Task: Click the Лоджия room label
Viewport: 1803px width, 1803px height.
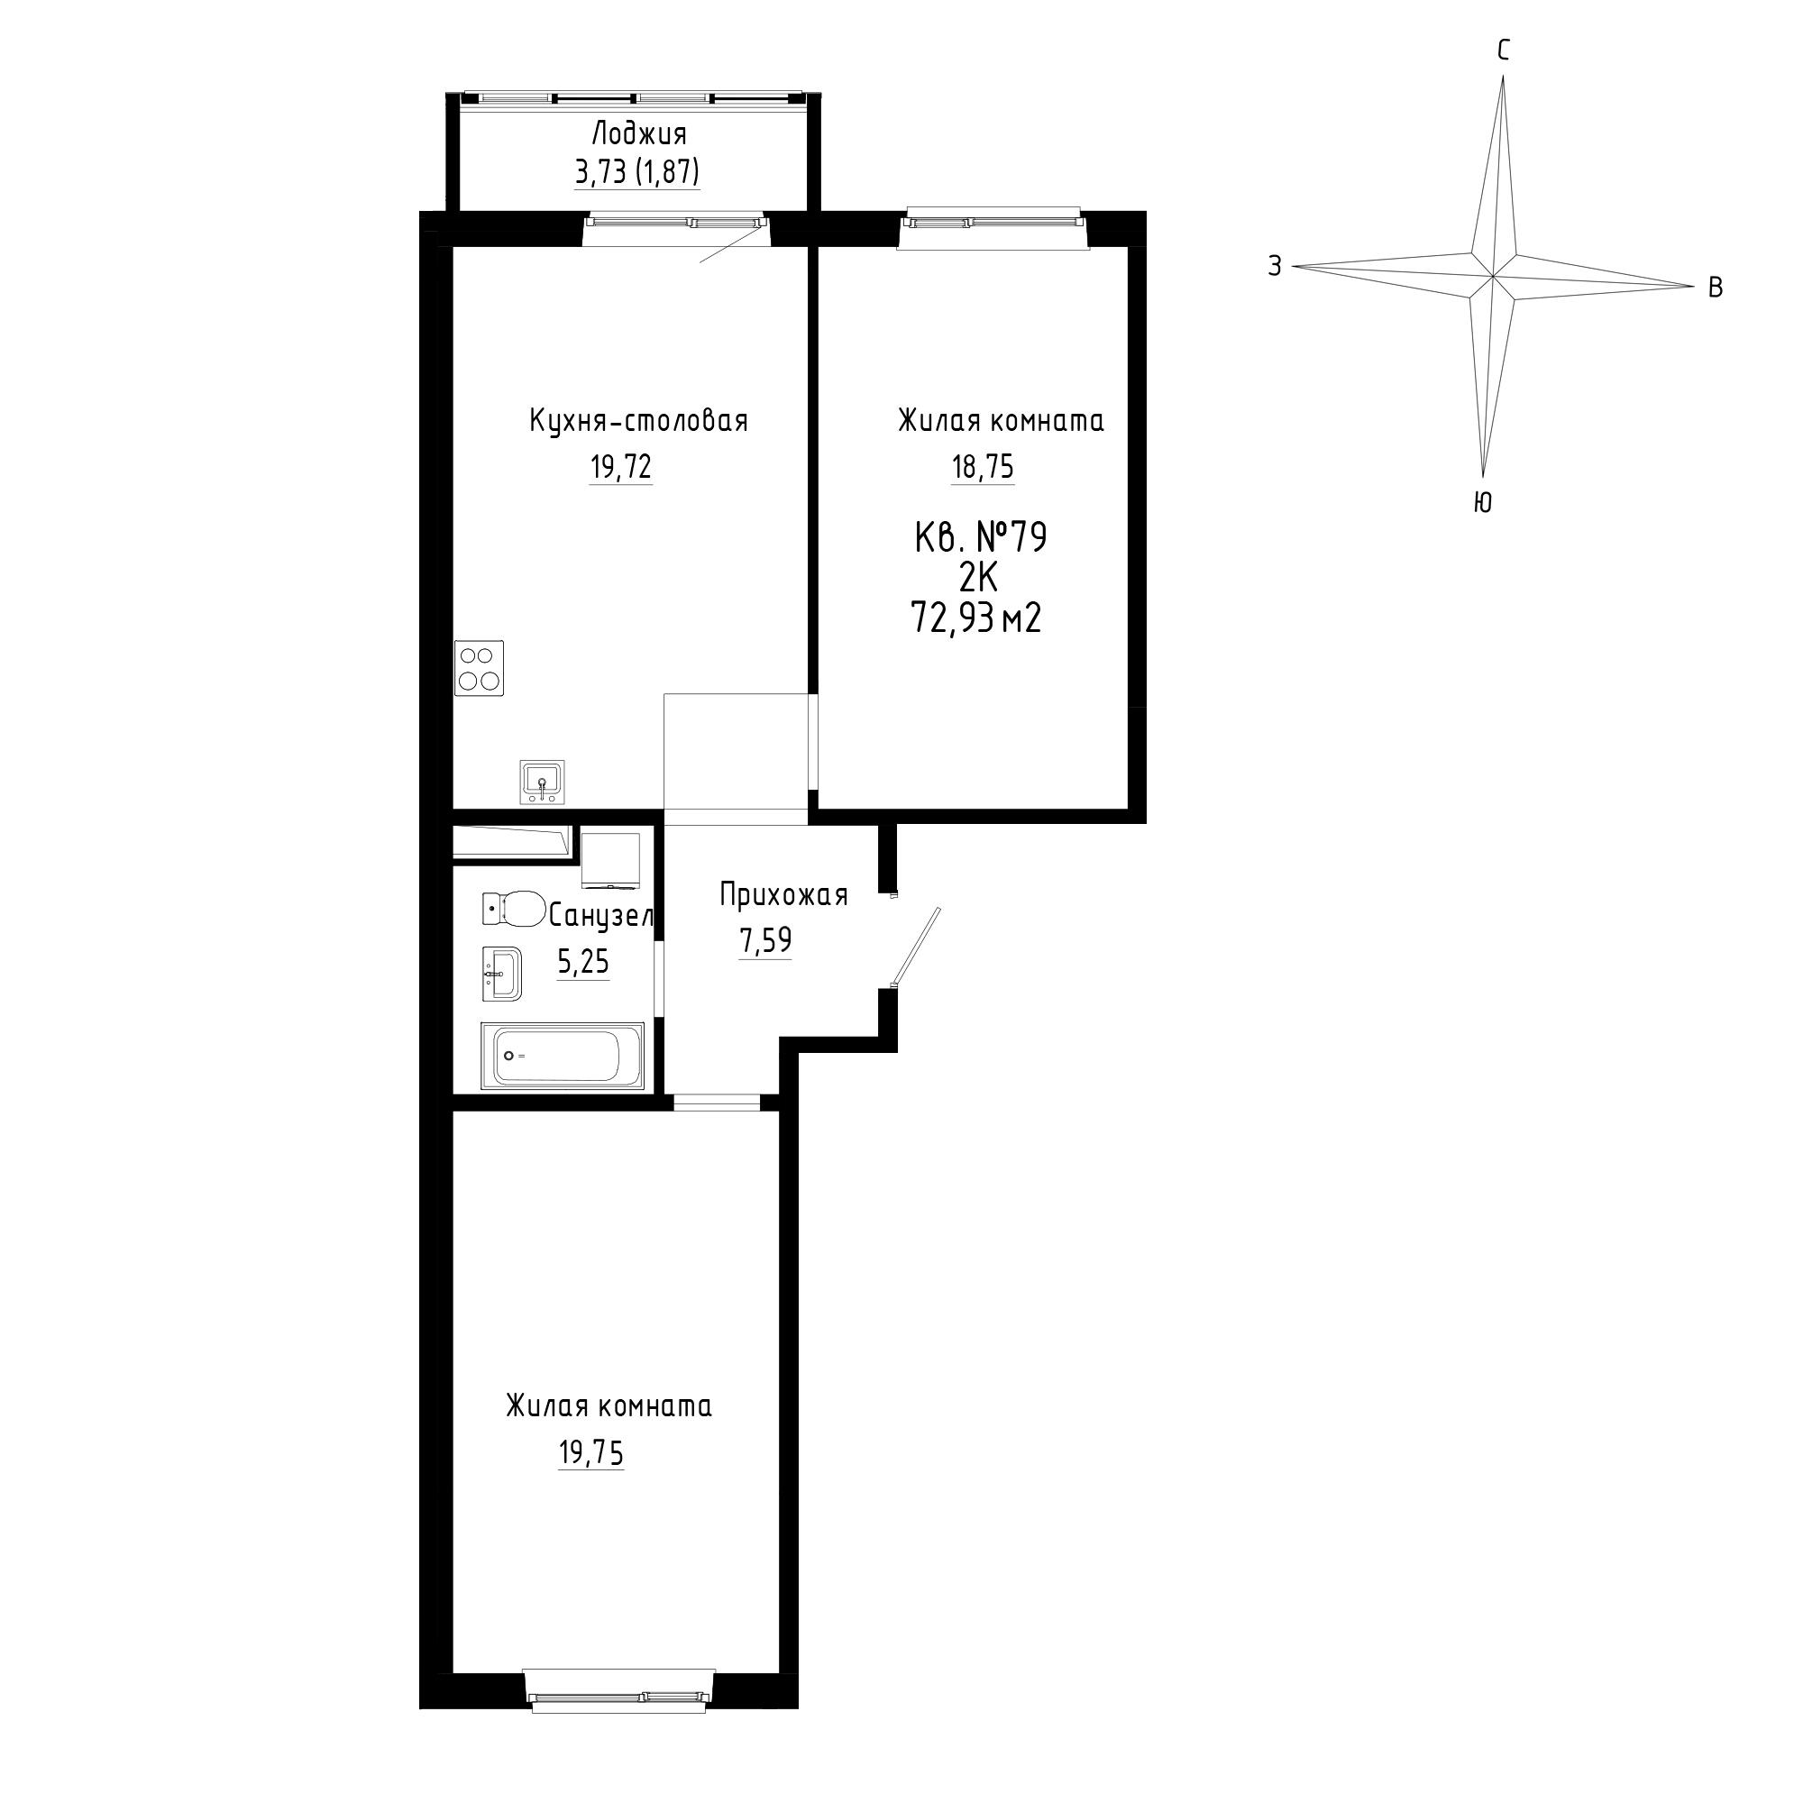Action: click(639, 135)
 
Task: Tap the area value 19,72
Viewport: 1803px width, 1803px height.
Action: click(620, 466)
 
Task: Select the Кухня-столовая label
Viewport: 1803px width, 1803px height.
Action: click(638, 421)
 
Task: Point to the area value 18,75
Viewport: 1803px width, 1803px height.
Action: click(983, 466)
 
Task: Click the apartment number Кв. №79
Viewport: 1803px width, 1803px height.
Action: click(981, 538)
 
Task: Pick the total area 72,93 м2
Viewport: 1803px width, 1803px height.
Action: click(976, 618)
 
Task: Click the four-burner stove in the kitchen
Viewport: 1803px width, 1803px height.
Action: click(479, 667)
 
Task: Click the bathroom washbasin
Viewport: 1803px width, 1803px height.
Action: click(502, 975)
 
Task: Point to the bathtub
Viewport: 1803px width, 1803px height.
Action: click(563, 1056)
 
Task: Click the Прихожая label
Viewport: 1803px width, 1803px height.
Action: click(783, 895)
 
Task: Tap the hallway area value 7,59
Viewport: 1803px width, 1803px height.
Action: click(765, 940)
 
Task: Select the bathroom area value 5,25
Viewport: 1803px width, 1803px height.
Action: click(583, 960)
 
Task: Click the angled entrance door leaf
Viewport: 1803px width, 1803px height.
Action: click(917, 947)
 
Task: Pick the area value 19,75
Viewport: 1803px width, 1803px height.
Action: click(590, 1453)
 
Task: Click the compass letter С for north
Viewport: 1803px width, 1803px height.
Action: click(1504, 51)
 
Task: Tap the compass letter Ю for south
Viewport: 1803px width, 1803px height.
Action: click(1482, 503)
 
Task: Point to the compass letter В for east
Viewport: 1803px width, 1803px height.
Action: click(1716, 288)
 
